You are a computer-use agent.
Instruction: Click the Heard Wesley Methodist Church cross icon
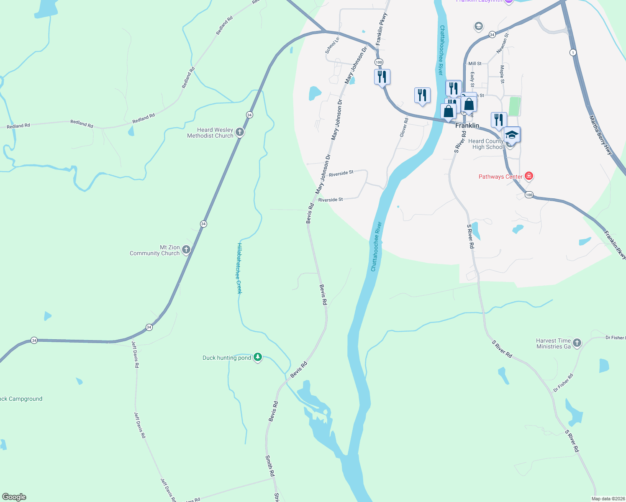click(x=240, y=133)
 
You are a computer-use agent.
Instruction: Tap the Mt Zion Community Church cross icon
click(x=186, y=250)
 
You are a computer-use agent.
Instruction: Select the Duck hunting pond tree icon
click(x=258, y=357)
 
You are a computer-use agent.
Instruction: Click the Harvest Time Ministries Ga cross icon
click(x=577, y=343)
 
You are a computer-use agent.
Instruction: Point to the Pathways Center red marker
click(x=529, y=176)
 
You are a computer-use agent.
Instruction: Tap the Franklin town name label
click(x=467, y=125)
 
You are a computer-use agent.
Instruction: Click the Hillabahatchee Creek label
click(x=239, y=268)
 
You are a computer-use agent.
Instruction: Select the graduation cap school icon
click(x=512, y=135)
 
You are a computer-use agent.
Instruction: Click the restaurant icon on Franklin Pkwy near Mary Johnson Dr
click(x=382, y=77)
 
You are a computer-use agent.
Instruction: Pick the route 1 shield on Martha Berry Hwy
click(x=573, y=52)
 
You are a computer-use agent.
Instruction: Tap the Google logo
click(x=14, y=497)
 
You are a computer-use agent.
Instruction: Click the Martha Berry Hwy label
click(x=601, y=135)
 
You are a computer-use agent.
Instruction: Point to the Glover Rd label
click(x=404, y=127)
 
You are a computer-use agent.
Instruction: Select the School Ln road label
click(x=332, y=45)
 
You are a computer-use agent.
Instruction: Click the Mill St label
click(x=475, y=64)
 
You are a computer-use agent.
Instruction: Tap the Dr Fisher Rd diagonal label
click(x=563, y=382)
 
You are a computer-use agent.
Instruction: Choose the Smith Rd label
click(x=270, y=466)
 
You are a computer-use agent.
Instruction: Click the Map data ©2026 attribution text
click(x=608, y=499)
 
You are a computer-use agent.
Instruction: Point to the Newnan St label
click(x=503, y=43)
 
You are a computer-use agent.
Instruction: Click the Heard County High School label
click(x=486, y=144)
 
